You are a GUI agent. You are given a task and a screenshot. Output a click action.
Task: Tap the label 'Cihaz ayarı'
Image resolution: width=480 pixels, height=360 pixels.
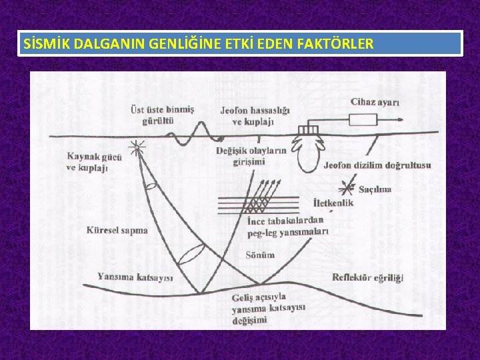pos(375,102)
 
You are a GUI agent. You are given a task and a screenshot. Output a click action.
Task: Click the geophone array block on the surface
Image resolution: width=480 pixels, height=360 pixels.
pos(310,130)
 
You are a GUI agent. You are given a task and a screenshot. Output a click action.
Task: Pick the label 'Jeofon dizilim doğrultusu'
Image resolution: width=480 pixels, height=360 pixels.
pos(377,165)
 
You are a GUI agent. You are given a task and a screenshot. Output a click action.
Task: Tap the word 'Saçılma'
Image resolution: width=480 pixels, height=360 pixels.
pos(375,189)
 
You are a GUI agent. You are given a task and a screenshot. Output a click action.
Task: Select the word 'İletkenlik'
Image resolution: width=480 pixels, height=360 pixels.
pos(333,203)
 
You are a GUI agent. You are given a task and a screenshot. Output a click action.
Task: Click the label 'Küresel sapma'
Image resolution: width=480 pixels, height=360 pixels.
pos(117,230)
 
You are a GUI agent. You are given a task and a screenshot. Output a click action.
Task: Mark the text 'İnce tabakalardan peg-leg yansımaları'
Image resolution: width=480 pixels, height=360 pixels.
pos(287,227)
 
